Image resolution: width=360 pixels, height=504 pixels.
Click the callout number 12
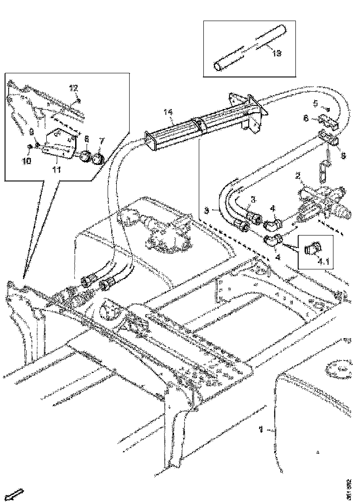74,88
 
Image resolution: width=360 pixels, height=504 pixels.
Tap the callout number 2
297,175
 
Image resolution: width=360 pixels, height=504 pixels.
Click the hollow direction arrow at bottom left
17,494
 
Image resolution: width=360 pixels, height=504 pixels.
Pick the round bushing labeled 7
98,159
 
